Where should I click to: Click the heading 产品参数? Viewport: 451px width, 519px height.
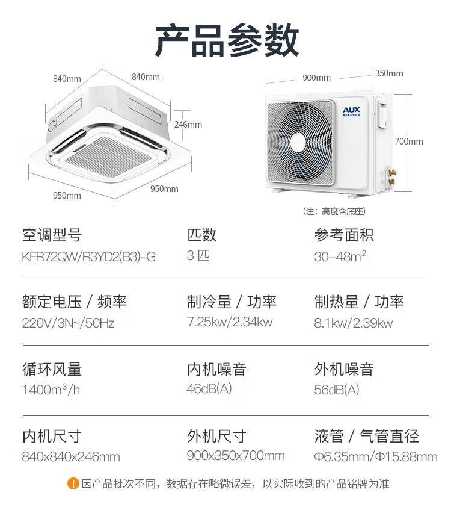coord(226,41)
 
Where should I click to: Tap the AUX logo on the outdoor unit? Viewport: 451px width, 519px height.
coord(350,110)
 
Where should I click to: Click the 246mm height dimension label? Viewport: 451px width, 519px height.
coord(188,125)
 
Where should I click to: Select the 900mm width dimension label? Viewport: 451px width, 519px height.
coord(316,78)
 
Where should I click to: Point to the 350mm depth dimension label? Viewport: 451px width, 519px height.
coord(389,73)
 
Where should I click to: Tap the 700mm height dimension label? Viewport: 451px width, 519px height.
coord(409,141)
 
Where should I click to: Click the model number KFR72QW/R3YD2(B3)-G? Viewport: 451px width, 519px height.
coord(88,256)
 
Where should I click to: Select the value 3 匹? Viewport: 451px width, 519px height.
coord(198,255)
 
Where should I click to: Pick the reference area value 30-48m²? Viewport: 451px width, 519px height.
coord(340,256)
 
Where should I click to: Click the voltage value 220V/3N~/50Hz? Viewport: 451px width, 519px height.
coord(68,323)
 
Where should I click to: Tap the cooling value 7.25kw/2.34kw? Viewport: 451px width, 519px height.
coord(230,322)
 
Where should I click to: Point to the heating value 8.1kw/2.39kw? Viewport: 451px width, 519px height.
coord(354,323)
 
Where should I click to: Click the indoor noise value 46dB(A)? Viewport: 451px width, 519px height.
coord(209,388)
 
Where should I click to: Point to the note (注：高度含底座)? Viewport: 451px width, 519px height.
coord(334,211)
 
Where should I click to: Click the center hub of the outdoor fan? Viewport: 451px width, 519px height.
coord(298,142)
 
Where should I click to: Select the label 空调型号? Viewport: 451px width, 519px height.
coord(51,234)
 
